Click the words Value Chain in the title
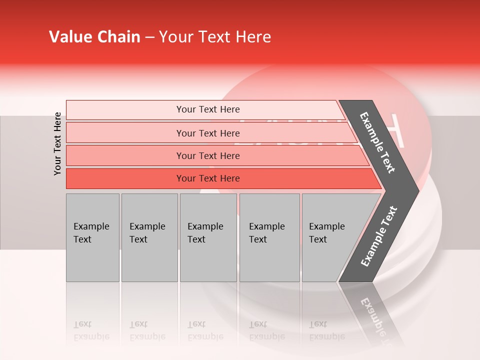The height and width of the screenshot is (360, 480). [94, 37]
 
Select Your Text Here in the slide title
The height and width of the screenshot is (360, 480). [215, 37]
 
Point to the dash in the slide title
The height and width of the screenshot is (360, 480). [149, 38]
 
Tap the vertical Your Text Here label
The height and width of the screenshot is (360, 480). [57, 143]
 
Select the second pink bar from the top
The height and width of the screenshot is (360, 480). [207, 133]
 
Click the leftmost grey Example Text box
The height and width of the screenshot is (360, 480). [92, 237]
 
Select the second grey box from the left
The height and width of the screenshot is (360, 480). [149, 237]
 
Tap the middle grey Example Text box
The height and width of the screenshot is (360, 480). [208, 237]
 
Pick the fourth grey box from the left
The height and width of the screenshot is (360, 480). [269, 237]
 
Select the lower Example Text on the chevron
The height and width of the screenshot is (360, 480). [379, 236]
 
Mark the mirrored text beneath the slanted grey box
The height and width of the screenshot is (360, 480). [326, 330]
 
